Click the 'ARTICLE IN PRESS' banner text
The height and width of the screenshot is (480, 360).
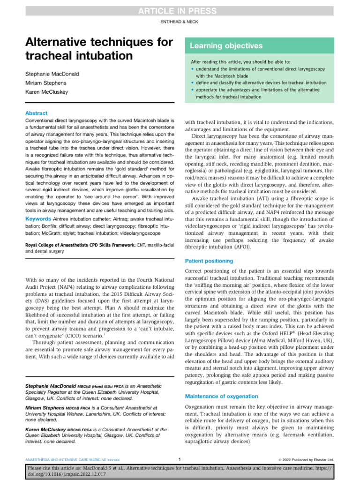click(180, 11)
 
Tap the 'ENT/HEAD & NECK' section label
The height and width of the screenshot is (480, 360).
click(180, 22)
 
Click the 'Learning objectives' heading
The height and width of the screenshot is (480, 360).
click(226, 46)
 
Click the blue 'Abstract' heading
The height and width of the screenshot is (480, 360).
click(36, 113)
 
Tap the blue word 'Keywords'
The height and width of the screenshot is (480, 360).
click(38, 219)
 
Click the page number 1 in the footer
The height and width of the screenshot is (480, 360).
click(180, 459)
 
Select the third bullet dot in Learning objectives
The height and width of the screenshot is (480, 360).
click(193, 90)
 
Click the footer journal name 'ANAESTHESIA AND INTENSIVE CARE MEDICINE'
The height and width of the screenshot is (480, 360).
click(66, 459)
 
